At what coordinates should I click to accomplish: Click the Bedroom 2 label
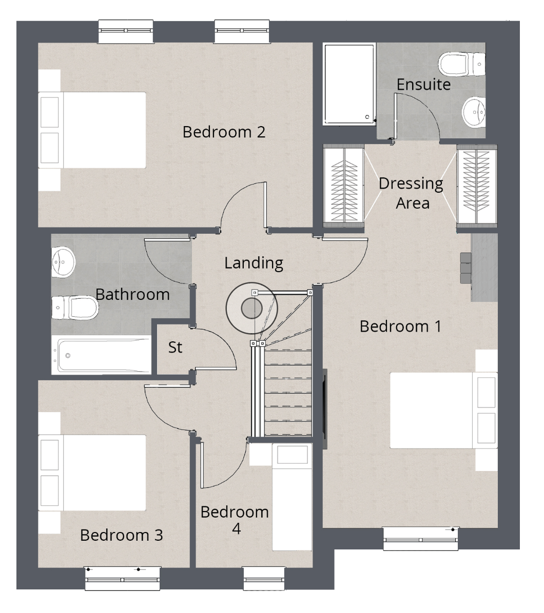[x=224, y=132]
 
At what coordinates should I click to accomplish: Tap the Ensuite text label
[x=423, y=85]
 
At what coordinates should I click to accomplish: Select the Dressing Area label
[x=411, y=193]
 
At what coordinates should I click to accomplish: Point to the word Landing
[x=254, y=263]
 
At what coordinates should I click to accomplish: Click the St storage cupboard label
[x=175, y=348]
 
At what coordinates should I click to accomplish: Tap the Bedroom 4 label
[x=235, y=520]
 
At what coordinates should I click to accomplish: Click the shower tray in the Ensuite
[x=349, y=84]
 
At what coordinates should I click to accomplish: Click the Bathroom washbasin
[x=63, y=261]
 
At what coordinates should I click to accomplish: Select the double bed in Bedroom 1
[x=443, y=410]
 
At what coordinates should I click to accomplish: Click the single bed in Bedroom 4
[x=292, y=497]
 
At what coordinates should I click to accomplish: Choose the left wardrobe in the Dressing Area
[x=343, y=186]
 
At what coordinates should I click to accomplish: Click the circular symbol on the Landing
[x=251, y=308]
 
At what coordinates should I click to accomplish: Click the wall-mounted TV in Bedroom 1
[x=324, y=409]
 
